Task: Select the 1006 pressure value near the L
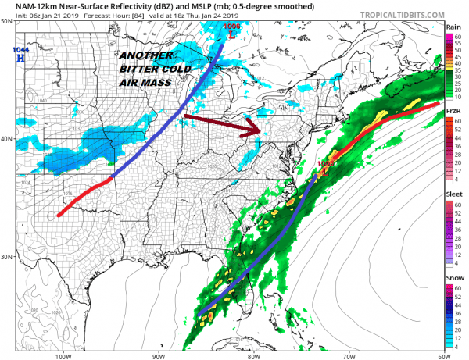(232, 27)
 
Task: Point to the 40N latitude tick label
(6, 139)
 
